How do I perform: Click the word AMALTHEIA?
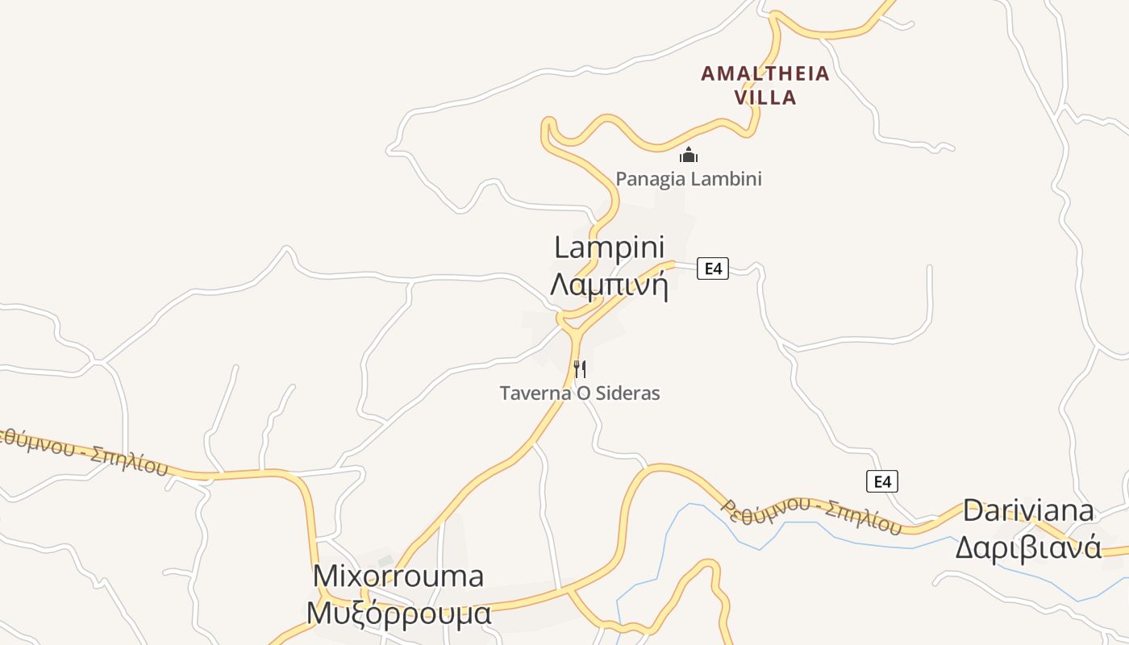(764, 73)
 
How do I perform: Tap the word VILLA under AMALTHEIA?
(765, 98)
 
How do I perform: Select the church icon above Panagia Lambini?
(688, 154)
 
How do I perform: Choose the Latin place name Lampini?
(609, 248)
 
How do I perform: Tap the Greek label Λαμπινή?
(609, 285)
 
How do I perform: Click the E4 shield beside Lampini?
(713, 268)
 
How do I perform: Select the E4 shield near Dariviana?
(881, 481)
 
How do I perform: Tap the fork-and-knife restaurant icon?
(579, 369)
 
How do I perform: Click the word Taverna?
(535, 393)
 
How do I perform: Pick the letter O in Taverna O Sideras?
(582, 393)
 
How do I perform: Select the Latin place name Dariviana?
(1028, 510)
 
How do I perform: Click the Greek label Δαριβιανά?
(1028, 547)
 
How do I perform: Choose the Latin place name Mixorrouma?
(398, 576)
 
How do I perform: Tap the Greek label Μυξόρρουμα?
(398, 613)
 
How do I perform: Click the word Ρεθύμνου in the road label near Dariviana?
(765, 507)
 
